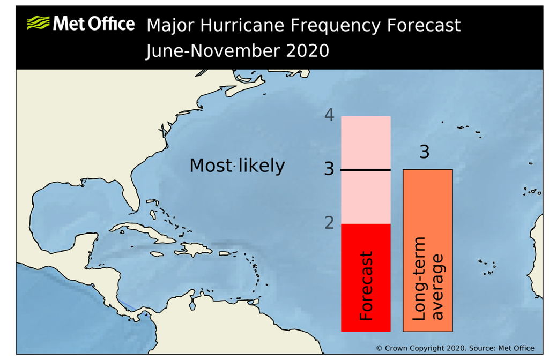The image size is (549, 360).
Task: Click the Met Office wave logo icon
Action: (x=38, y=23)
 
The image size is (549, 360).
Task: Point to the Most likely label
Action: (x=237, y=166)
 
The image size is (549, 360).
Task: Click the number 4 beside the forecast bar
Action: (x=329, y=115)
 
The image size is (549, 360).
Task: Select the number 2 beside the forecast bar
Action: (x=329, y=222)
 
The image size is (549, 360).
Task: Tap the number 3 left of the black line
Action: (x=329, y=169)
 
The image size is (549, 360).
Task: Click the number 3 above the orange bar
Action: (x=424, y=152)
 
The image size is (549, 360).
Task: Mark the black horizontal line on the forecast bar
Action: (x=366, y=170)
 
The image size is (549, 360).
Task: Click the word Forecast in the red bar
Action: (x=366, y=286)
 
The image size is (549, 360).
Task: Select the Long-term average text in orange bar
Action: (x=428, y=279)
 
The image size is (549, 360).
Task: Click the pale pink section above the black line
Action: (x=366, y=142)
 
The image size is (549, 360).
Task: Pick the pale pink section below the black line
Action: (x=366, y=197)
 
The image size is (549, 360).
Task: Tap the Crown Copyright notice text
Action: (x=455, y=348)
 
